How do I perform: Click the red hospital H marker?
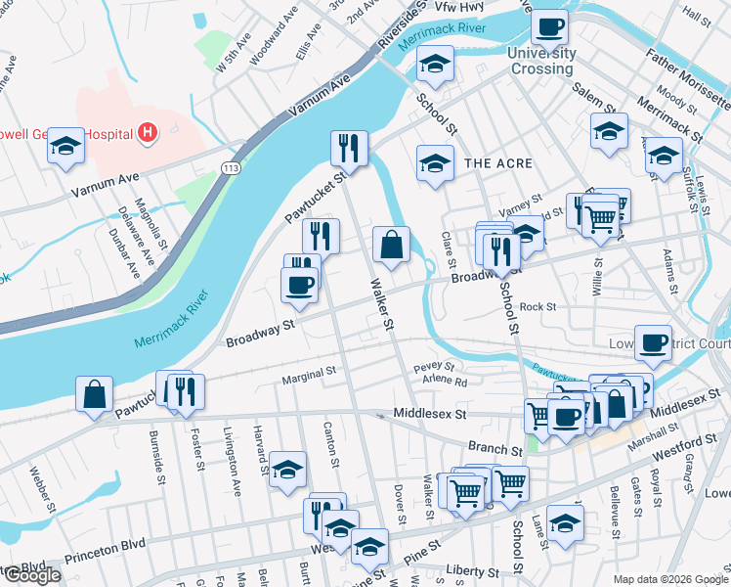click(x=147, y=132)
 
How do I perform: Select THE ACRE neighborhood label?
click(x=497, y=162)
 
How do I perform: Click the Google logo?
click(x=32, y=575)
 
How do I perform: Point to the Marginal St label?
click(x=309, y=373)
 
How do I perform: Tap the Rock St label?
click(x=537, y=306)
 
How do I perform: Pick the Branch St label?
click(x=494, y=448)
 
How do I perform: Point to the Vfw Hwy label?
click(x=459, y=7)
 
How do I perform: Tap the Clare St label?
click(x=450, y=248)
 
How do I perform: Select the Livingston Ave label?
click(x=234, y=464)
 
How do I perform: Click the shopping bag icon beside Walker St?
click(x=391, y=245)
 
